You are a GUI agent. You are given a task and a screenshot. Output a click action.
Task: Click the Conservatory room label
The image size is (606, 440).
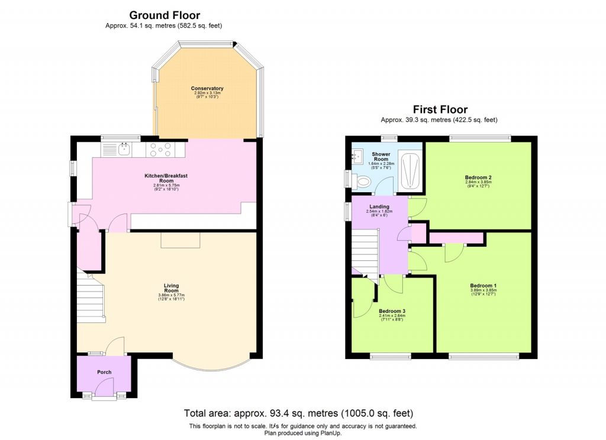point(207,88)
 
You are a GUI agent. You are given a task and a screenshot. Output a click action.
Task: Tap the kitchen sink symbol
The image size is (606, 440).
point(124,149)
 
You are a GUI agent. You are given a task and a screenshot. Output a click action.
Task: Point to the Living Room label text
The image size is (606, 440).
point(172,288)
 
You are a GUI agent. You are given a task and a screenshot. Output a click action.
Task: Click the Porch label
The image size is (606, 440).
point(104,372)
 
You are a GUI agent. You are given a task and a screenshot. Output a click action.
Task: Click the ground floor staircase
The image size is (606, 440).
point(90,299)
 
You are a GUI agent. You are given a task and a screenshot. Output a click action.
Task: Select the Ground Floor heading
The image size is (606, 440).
point(165,15)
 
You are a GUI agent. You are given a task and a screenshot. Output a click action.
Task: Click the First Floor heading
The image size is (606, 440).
point(440,109)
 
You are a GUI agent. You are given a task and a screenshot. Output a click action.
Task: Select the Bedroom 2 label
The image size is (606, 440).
point(478,177)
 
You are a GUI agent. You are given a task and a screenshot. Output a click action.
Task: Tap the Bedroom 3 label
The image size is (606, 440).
point(392,311)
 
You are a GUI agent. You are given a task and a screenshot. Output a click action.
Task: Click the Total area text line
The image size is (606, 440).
point(298,413)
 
